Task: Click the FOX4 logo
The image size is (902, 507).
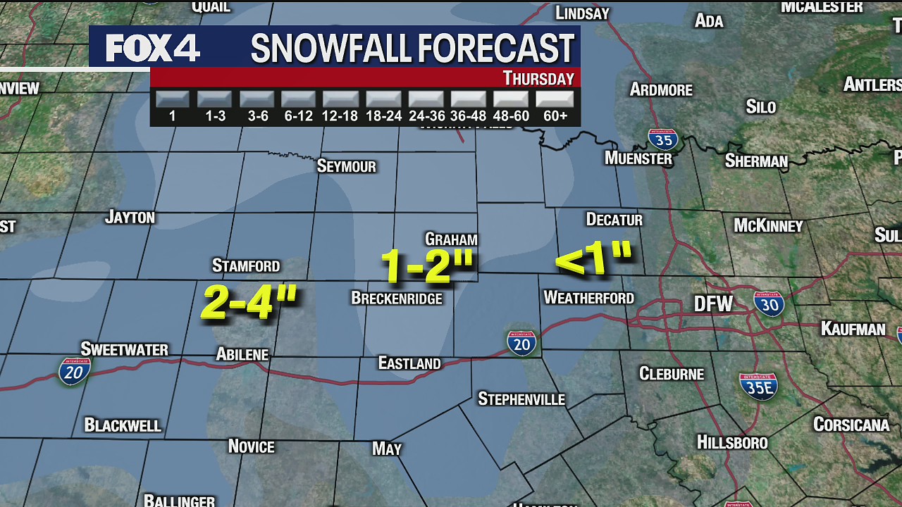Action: click(152, 48)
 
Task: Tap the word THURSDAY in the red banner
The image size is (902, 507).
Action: click(538, 78)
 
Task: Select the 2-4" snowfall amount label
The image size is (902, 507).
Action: click(249, 302)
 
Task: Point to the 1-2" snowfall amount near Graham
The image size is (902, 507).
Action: click(427, 265)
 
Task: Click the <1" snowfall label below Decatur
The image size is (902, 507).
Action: click(593, 258)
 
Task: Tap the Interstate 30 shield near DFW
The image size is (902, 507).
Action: click(769, 303)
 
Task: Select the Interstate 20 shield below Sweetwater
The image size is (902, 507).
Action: click(74, 370)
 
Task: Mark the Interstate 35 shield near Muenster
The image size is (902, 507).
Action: click(662, 139)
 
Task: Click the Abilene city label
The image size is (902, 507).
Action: click(242, 355)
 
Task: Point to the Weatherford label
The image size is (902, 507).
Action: click(588, 299)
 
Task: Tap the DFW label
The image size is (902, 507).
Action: click(713, 304)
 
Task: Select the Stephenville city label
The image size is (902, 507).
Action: click(521, 399)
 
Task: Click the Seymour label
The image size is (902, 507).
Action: click(347, 166)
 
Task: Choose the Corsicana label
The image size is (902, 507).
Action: click(851, 425)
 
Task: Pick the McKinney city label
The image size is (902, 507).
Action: click(768, 226)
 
